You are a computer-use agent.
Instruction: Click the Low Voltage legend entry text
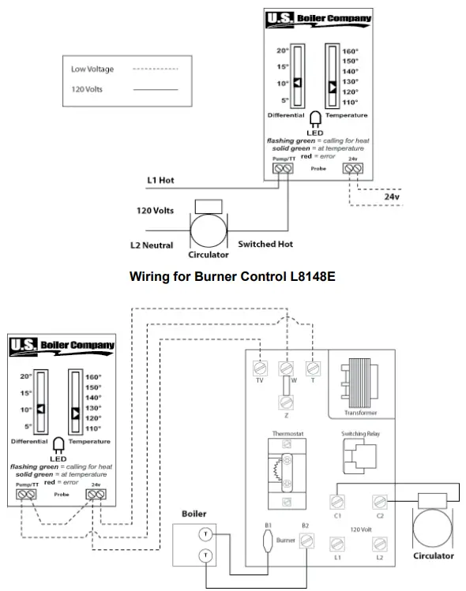(x=92, y=69)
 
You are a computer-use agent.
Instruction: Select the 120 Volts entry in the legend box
(x=87, y=89)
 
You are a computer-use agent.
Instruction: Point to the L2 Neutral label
(x=152, y=245)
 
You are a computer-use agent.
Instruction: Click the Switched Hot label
(x=265, y=245)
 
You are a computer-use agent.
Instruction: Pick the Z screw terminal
(x=287, y=402)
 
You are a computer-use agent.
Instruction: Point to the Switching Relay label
(x=359, y=434)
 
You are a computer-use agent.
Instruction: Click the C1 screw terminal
(x=336, y=502)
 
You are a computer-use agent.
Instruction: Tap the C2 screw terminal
(x=379, y=502)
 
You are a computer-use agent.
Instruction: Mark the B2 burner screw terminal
(x=304, y=541)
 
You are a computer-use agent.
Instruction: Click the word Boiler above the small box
(x=194, y=514)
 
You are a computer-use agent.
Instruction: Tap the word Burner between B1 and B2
(x=285, y=541)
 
